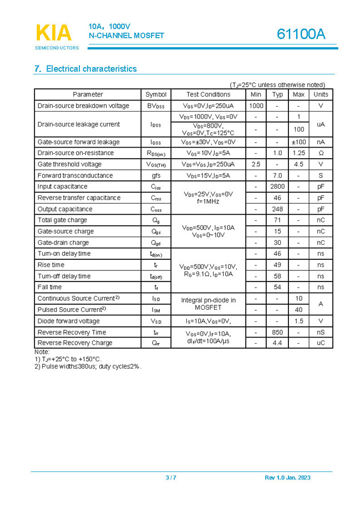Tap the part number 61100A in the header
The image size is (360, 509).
tap(301, 34)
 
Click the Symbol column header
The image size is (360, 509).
tap(156, 94)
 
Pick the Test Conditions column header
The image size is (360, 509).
tap(208, 94)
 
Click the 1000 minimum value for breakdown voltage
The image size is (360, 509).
tap(256, 105)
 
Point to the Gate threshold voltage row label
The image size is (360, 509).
tap(69, 164)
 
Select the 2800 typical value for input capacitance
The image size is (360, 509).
tap(277, 187)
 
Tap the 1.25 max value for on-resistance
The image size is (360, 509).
tap(298, 153)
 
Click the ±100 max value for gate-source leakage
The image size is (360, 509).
tap(298, 142)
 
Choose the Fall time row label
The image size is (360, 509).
tap(49, 287)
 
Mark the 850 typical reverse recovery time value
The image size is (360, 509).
tap(277, 332)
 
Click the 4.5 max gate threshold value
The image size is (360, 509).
tap(298, 164)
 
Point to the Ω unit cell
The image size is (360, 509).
tap(321, 153)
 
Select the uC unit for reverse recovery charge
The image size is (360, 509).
tap(321, 343)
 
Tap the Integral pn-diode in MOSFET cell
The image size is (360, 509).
tap(208, 304)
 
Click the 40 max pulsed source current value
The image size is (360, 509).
tap(298, 310)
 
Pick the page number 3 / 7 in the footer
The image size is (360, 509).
tap(171, 478)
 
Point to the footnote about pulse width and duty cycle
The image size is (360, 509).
tap(88, 366)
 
